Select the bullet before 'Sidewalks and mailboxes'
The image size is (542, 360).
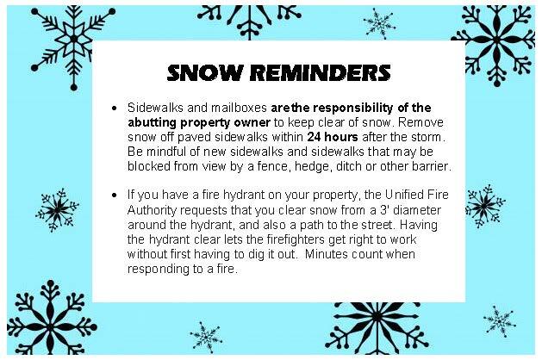click(x=115, y=109)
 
